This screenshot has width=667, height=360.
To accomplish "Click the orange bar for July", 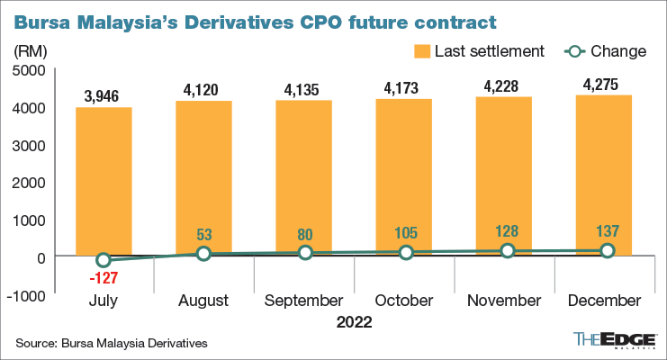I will pyautogui.click(x=104, y=181).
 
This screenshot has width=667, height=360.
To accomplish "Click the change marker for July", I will pyautogui.click(x=104, y=260).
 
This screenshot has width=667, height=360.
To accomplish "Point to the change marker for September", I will pyautogui.click(x=305, y=253).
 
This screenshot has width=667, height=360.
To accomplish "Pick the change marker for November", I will pyautogui.click(x=507, y=251).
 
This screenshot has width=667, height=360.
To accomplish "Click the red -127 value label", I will pyautogui.click(x=104, y=278).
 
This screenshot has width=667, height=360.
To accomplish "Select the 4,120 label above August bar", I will pyautogui.click(x=204, y=88).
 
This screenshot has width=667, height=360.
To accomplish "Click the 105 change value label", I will pyautogui.click(x=406, y=234).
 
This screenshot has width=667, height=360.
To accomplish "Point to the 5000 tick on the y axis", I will pyautogui.click(x=32, y=70).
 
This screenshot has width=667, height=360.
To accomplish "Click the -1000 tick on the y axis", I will pyautogui.click(x=30, y=293).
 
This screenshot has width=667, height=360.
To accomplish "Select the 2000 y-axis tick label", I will pyautogui.click(x=32, y=182).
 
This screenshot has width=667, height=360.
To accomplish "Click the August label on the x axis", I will pyautogui.click(x=204, y=301).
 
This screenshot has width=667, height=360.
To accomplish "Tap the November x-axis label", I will pyautogui.click(x=507, y=301).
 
